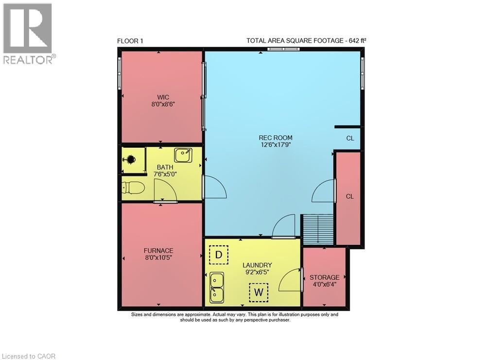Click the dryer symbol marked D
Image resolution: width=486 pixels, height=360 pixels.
pyautogui.click(x=219, y=255)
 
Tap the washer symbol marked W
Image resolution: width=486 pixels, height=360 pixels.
pyautogui.click(x=259, y=292)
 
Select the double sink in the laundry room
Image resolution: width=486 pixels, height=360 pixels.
pyautogui.click(x=217, y=287)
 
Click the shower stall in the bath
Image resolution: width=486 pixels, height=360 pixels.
pyautogui.click(x=132, y=160)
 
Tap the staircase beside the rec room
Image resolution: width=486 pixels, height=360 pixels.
pyautogui.click(x=317, y=230)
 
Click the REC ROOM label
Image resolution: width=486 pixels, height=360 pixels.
pyautogui.click(x=275, y=138)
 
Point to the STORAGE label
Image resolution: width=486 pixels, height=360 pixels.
pyautogui.click(x=324, y=277)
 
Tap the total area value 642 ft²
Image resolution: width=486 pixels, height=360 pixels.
pyautogui.click(x=357, y=41)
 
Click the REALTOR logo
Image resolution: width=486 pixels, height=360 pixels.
pyautogui.click(x=29, y=34)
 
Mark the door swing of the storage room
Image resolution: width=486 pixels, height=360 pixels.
pyautogui.click(x=290, y=280)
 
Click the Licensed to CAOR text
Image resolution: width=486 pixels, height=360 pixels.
pyautogui.click(x=28, y=356)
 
